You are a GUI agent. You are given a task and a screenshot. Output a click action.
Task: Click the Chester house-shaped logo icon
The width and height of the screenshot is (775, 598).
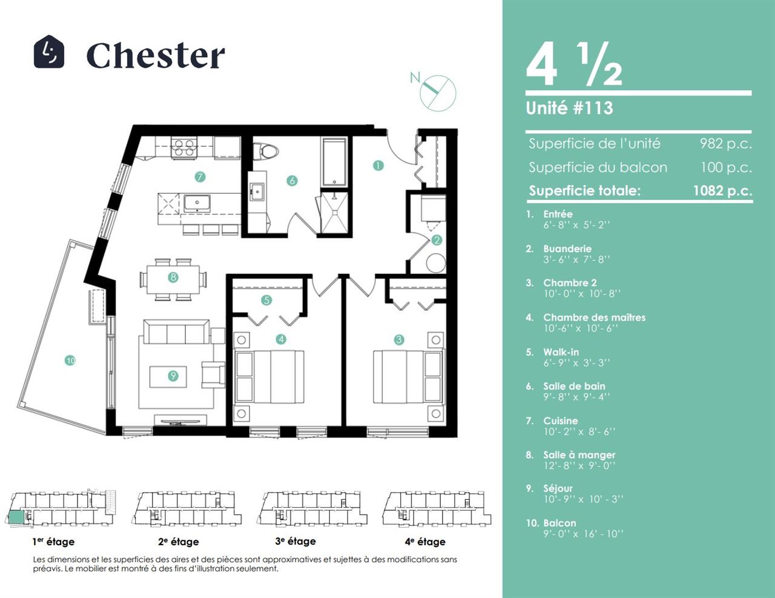49,51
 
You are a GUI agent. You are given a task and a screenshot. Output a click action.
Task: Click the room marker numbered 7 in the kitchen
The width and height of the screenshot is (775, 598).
200,177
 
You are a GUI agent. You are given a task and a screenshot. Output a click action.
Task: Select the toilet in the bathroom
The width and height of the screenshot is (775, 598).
265,151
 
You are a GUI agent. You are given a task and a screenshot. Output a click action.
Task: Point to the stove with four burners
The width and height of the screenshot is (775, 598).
184,147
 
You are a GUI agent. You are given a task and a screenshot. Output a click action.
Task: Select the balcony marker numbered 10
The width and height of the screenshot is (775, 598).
70,360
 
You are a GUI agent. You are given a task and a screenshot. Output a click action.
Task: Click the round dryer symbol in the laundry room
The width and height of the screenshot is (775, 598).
436,264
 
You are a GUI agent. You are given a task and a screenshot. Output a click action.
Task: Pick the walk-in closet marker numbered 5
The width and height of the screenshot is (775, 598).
266,300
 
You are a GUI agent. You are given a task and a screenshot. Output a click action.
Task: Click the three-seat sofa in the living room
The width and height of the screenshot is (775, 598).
176,331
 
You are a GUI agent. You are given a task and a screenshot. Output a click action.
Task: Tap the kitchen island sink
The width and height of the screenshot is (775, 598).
197,203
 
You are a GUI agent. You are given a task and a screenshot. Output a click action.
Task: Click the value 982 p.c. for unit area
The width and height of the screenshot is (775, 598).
725,144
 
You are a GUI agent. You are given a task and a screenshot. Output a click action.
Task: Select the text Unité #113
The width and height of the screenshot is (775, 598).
569,108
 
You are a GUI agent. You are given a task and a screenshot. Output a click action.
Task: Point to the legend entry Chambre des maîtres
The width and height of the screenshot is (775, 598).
594,317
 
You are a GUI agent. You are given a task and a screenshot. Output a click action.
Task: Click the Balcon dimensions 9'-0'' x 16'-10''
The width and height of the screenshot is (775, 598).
583,534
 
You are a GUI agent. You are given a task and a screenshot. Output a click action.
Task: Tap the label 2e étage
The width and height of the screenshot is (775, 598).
179,542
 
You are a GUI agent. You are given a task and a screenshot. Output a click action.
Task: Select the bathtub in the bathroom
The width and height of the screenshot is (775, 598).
335,162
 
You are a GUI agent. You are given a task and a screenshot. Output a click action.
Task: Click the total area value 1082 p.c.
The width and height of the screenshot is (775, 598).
722,190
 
